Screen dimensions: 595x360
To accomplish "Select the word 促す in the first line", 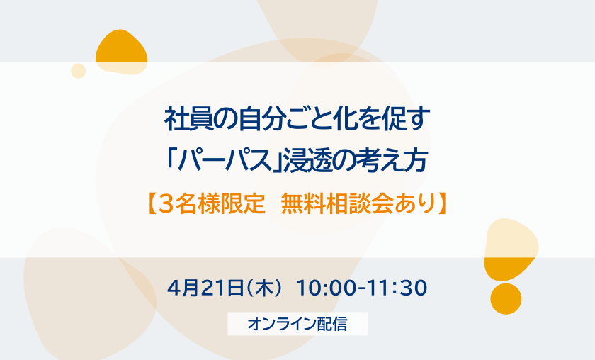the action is click(406, 119).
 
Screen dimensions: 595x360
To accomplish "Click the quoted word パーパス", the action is click(225, 160).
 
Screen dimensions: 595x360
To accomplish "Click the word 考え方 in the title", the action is click(392, 160).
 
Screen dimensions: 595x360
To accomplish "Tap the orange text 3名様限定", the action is click(211, 204).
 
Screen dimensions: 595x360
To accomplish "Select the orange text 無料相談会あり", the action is click(358, 204).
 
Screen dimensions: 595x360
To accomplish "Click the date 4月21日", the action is click(205, 288).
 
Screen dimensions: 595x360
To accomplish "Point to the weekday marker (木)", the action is click(264, 288).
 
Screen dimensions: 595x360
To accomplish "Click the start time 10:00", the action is click(327, 288).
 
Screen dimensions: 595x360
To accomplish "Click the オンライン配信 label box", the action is click(297, 324).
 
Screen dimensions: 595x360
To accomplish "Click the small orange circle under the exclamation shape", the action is click(506, 299).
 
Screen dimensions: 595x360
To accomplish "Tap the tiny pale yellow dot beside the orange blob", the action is click(78, 71).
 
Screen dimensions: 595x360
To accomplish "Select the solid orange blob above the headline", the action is click(121, 52).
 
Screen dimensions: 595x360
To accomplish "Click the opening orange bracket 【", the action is click(152, 204).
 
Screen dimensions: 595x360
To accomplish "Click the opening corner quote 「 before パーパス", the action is click(171, 159).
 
